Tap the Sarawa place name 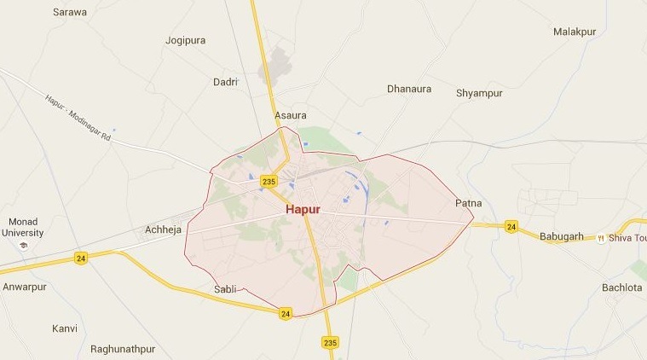(x=69, y=12)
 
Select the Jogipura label (x=186, y=40)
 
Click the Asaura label (x=290, y=115)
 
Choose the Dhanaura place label (x=409, y=88)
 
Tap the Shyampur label (x=479, y=92)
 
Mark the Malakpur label (x=575, y=32)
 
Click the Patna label (x=469, y=203)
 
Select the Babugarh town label (x=562, y=236)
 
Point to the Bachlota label (x=621, y=287)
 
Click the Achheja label (x=164, y=230)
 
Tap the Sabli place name (x=225, y=289)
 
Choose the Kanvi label (x=65, y=328)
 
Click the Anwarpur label (x=23, y=287)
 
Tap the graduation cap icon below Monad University (x=23, y=246)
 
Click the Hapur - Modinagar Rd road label (x=78, y=118)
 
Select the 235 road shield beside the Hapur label (x=269, y=181)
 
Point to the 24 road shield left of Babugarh (x=511, y=226)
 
